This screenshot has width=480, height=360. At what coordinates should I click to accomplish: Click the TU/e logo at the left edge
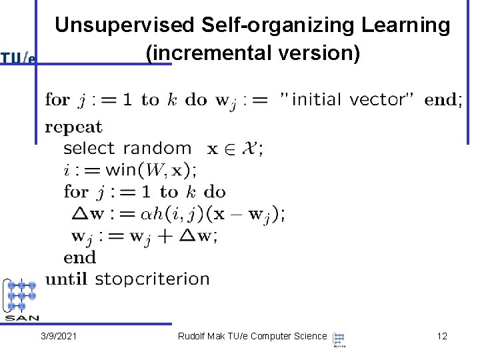(18, 59)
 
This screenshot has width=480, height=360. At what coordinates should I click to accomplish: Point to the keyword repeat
(73, 127)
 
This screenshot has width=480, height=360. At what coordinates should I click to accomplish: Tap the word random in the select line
(165, 149)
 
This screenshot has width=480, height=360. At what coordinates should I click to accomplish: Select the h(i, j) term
(179, 214)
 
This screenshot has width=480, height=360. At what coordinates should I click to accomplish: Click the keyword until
(66, 279)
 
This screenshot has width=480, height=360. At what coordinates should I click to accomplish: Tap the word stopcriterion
(152, 279)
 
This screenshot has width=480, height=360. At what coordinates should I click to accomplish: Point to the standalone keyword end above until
(80, 257)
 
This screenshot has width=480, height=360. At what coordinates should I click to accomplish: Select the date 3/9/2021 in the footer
(58, 336)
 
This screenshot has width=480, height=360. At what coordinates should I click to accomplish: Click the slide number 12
(442, 336)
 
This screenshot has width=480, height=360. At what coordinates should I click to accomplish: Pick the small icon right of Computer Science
(339, 339)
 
